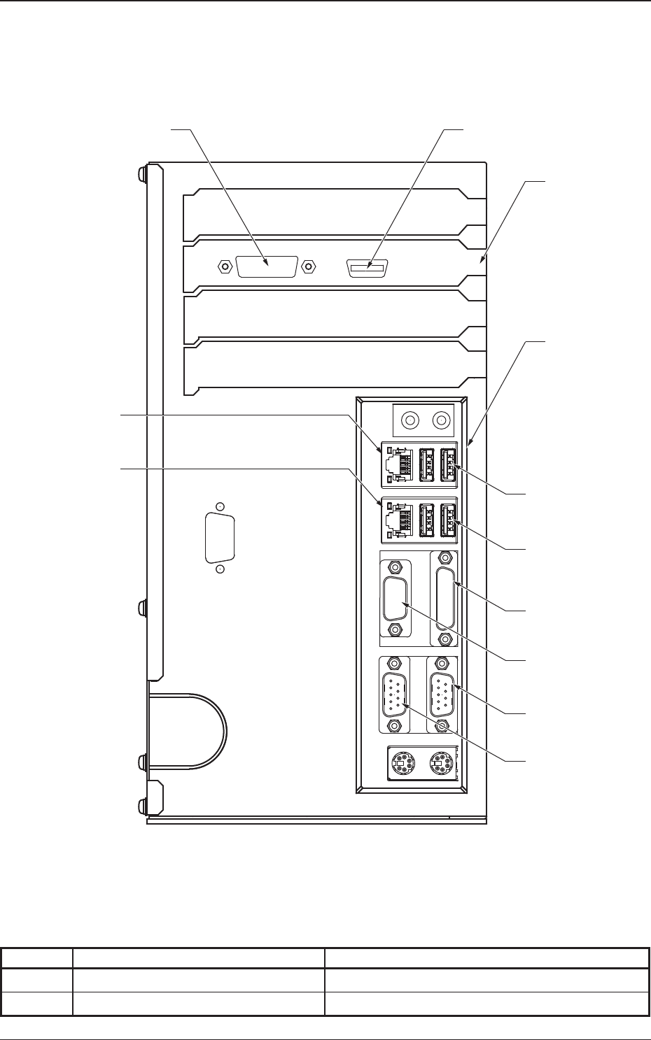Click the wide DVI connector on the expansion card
pos(267,266)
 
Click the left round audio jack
pos(409,420)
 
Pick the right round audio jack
pos(442,420)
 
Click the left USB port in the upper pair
pos(426,464)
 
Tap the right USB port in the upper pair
pos(448,464)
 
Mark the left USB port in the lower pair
pos(426,520)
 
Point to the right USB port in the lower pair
pos(448,520)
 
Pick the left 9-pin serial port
pos(395,694)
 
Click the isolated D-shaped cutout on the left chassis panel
pos(220,537)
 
